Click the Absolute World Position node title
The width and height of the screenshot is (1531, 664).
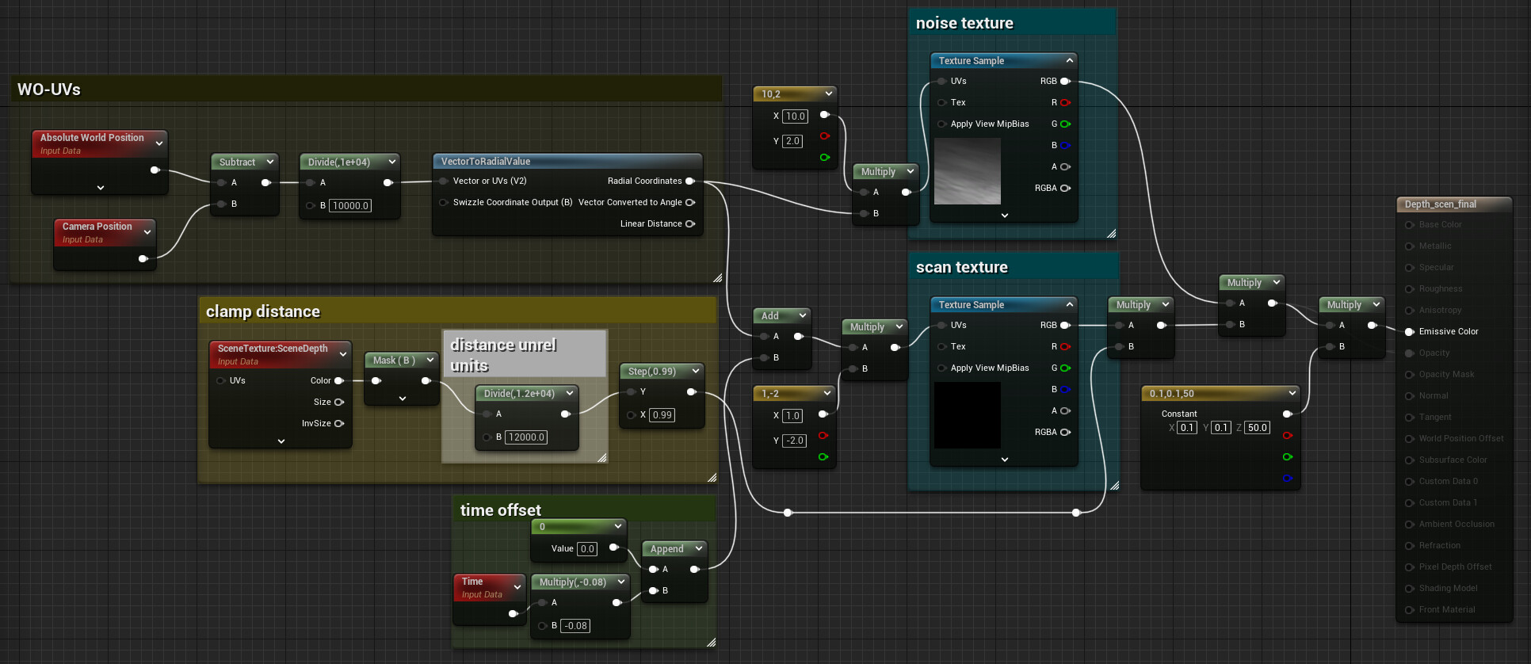92,138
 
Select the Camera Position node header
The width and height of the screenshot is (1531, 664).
97,227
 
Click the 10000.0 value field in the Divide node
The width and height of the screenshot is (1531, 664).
350,206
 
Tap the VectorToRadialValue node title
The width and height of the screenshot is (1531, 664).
486,162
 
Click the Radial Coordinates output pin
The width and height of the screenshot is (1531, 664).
690,181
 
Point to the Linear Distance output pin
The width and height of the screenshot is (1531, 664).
690,224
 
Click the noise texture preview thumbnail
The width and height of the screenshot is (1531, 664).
967,171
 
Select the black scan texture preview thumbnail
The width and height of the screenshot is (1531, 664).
967,415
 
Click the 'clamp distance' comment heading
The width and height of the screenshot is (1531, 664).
263,312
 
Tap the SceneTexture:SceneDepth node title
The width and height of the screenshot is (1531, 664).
273,349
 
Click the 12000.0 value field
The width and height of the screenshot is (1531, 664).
526,437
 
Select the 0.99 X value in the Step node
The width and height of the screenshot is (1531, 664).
662,415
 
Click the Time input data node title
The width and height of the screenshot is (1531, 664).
472,582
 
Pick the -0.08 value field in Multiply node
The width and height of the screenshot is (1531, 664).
575,626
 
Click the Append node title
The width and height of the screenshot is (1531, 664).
666,549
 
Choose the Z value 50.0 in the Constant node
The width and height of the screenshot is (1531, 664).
1257,428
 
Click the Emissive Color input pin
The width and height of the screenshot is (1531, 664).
1410,332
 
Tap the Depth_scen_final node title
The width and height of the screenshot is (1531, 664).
1441,204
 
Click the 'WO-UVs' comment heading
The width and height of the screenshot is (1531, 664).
49,90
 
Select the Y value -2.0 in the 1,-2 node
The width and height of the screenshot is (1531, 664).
794,441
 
